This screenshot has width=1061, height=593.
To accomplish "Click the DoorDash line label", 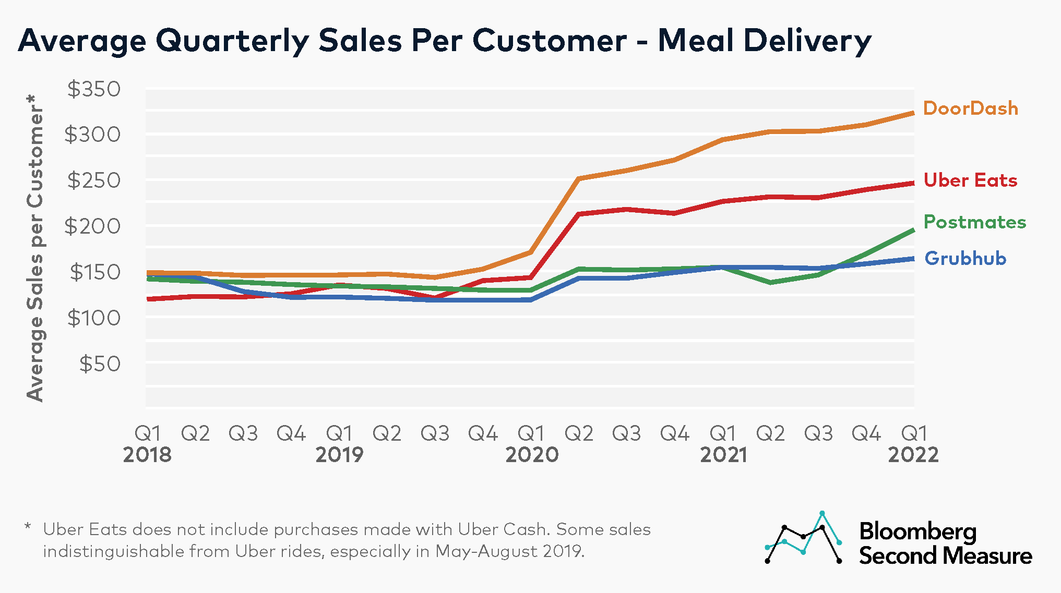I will coord(970,108).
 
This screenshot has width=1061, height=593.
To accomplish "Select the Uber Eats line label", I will coord(970,180).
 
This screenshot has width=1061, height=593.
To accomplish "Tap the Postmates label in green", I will coord(974,222).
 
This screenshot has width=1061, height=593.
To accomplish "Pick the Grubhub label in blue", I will coord(965,259).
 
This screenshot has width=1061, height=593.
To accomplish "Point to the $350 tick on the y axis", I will coord(94,89).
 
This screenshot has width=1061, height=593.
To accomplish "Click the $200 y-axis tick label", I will coord(92,226).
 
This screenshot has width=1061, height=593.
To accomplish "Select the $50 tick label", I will coord(100,364).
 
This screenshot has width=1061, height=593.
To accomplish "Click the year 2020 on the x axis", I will coord(531,455).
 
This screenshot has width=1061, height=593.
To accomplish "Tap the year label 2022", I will coord(913,455).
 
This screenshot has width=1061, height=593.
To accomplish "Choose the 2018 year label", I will coord(147,455).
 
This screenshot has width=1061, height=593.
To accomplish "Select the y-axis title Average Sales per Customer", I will coord(35,248).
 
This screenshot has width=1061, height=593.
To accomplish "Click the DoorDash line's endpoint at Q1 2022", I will coord(913,113).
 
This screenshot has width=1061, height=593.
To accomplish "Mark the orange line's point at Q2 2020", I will coord(579,178).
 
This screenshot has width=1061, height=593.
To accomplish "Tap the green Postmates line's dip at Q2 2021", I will coord(771,282).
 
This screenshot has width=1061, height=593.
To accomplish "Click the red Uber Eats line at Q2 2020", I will coord(579,214).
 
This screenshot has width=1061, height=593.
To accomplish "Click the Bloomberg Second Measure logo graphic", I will coord(803,538).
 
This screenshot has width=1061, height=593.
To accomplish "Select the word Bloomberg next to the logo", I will coord(917,531).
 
